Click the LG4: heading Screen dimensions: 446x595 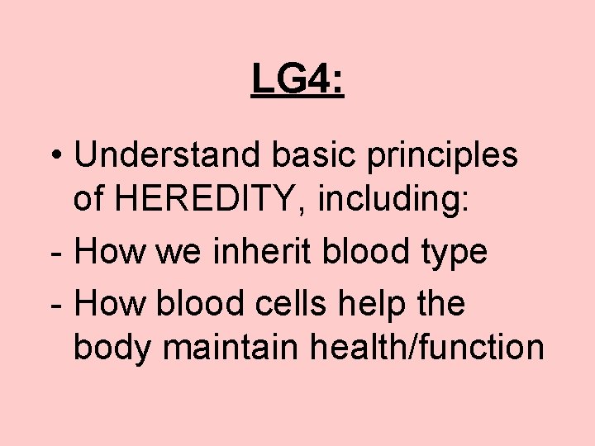(297, 80)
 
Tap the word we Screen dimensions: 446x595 (184, 251)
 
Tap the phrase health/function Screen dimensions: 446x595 (426, 348)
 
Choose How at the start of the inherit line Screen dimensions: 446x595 (110, 251)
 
